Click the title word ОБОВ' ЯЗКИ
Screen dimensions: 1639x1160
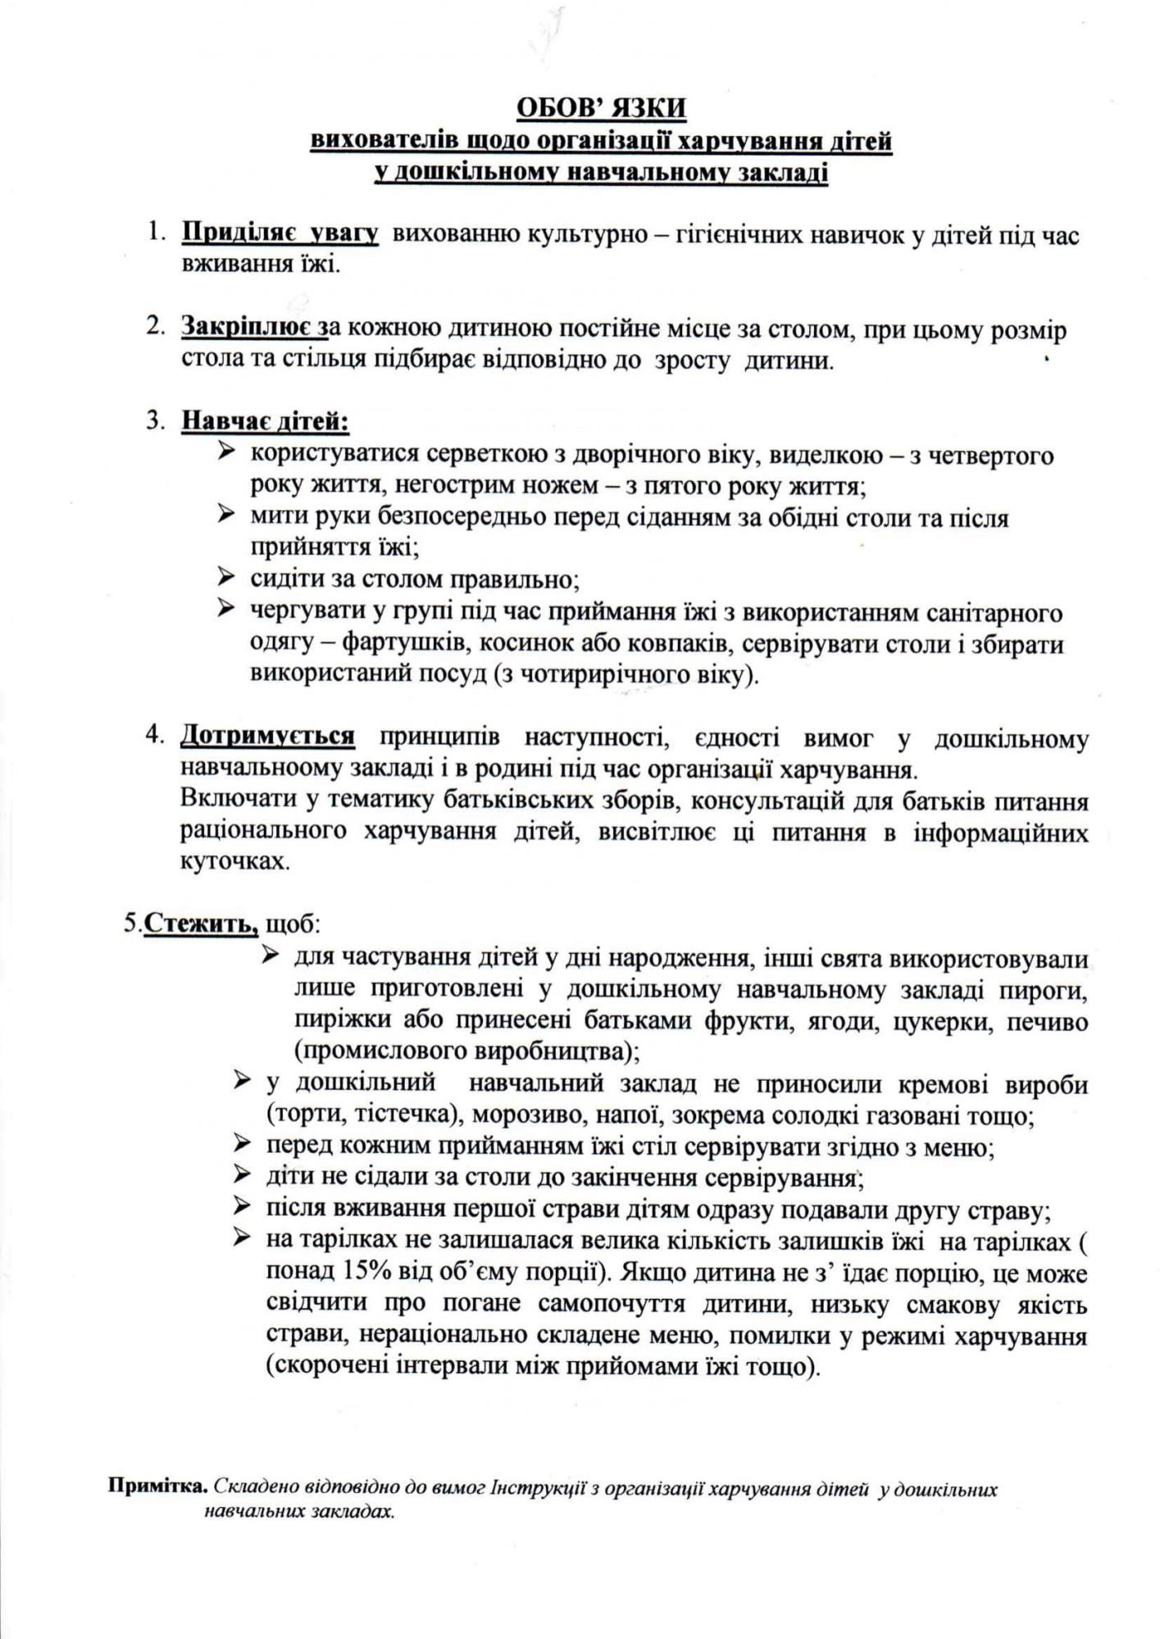pyautogui.click(x=600, y=107)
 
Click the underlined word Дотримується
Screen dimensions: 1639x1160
pyautogui.click(x=267, y=737)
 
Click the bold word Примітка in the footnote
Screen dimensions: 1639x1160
pyautogui.click(x=158, y=1489)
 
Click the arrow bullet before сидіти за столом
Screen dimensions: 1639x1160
pyautogui.click(x=227, y=578)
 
